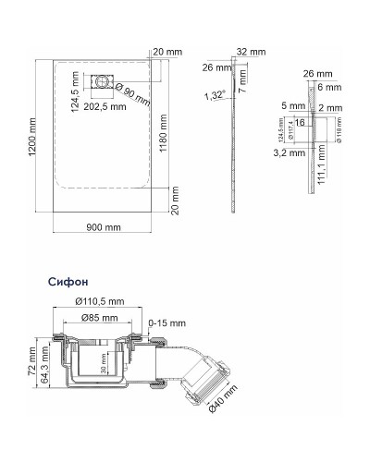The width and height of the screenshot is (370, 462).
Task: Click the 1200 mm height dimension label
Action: click(x=33, y=137)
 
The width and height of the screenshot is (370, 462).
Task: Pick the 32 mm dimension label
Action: click(x=251, y=52)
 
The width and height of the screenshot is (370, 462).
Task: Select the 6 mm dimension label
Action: click(x=329, y=88)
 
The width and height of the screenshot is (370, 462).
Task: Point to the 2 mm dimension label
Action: click(x=329, y=107)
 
